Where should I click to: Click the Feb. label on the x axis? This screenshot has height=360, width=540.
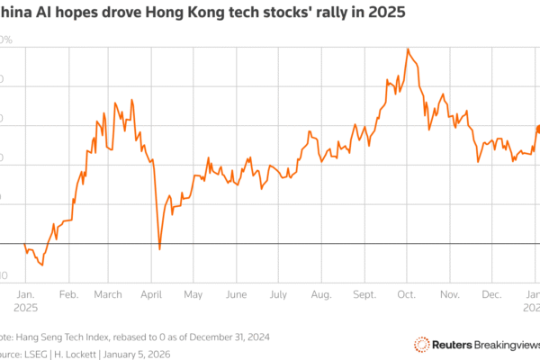point(67,294)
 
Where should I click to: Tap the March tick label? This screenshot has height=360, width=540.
point(108,294)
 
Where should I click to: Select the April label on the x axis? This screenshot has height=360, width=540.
point(151,294)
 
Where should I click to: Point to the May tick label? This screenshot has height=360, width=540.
point(193,294)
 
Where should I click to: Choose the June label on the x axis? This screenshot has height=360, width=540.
point(236,294)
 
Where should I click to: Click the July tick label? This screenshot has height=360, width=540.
point(277,294)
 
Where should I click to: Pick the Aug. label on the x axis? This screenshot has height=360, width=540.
point(321,294)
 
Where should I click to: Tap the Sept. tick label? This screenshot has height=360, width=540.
point(364,294)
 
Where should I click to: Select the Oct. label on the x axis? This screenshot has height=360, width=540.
point(406,294)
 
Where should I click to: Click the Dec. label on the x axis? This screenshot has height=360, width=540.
point(491,294)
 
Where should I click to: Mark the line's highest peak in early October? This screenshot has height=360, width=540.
point(408,49)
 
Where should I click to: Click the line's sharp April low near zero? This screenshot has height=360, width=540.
point(159,248)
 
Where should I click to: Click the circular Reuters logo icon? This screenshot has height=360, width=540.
point(420,344)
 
